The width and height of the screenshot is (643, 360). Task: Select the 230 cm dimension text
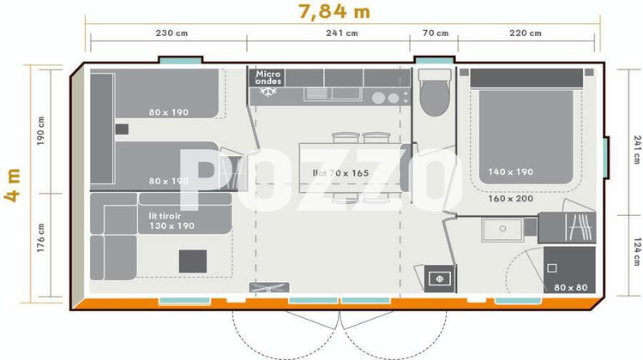pyautogui.click(x=171, y=33)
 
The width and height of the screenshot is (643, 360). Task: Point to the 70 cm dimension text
pyautogui.click(x=436, y=33)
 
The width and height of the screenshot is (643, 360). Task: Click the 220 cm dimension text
pyautogui.click(x=525, y=33)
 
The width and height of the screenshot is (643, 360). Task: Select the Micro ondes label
pyautogui.click(x=268, y=78)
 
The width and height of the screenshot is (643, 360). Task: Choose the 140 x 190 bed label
pyautogui.click(x=510, y=171)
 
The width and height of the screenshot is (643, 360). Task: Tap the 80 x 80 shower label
pyautogui.click(x=570, y=287)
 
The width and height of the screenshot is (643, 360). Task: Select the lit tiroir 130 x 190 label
pyautogui.click(x=171, y=221)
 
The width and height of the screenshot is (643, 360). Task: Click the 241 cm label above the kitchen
pyautogui.click(x=342, y=33)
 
